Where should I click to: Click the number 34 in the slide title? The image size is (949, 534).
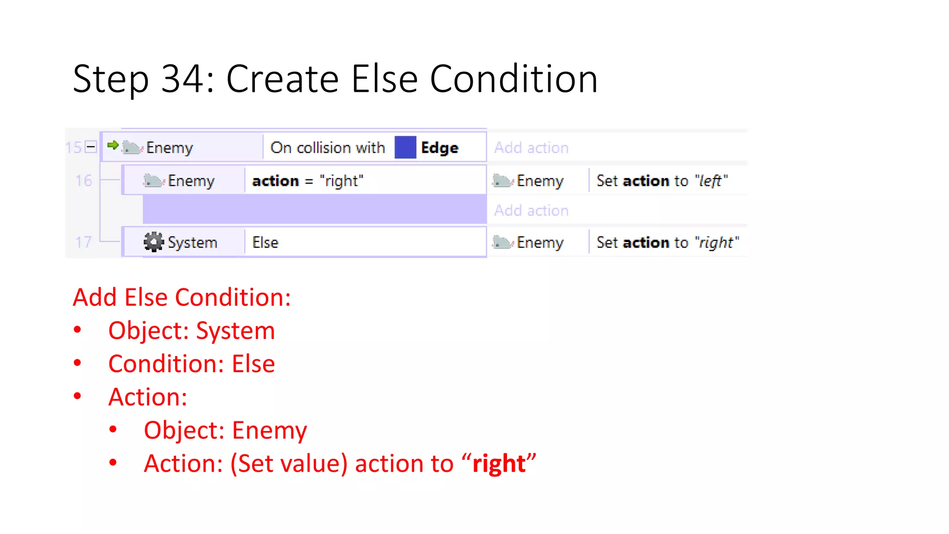pos(182,79)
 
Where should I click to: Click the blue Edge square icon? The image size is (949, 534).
pos(405,147)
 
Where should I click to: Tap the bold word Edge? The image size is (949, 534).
pos(439,148)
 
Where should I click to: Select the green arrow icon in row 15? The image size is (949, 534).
pos(113,146)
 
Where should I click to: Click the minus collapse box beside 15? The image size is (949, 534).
pos(91,147)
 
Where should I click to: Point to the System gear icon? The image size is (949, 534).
pos(153,242)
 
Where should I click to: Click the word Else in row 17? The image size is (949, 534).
pos(265,242)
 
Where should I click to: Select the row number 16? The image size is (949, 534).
pos(83,180)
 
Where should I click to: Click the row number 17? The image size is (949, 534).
pos(83,242)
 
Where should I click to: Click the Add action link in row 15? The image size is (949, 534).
pos(531,148)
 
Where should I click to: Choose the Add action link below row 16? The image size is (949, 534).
pos(531,210)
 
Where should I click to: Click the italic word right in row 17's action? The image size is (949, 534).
pos(716,242)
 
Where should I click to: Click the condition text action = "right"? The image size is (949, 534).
pos(307,181)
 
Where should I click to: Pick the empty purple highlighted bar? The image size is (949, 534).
pos(314,210)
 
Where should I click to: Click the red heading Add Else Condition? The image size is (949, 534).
pos(182,297)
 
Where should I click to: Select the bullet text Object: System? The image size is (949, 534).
pos(191,331)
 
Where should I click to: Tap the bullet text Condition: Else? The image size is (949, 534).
pos(191,364)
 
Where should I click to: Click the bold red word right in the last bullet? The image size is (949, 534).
pos(499,464)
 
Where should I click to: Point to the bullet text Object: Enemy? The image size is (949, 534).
pos(225,430)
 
